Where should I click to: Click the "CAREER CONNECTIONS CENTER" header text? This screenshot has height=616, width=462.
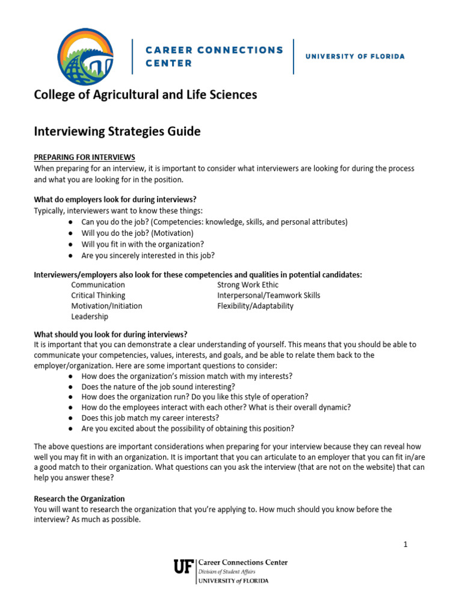click(x=214, y=56)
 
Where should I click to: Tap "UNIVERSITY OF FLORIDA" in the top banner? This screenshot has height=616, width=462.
click(x=355, y=57)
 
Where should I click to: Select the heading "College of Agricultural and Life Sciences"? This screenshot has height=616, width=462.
click(x=145, y=95)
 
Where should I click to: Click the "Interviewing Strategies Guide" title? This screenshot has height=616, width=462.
click(x=117, y=131)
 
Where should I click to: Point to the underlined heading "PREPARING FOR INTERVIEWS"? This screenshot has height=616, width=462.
click(x=84, y=158)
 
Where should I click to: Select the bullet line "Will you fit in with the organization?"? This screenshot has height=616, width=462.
click(x=143, y=244)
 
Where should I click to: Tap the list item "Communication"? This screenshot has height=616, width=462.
click(x=98, y=285)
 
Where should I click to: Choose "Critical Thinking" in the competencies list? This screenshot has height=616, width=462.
click(x=98, y=295)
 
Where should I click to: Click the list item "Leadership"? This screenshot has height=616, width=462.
click(x=90, y=316)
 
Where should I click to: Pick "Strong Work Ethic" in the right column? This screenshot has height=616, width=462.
click(x=248, y=285)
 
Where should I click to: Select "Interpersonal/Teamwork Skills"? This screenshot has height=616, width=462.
click(x=268, y=295)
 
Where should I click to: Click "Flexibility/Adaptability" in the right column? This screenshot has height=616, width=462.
click(x=255, y=306)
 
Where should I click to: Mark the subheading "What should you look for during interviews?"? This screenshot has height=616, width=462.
click(x=111, y=334)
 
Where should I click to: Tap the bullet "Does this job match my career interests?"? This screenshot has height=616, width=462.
click(x=150, y=417)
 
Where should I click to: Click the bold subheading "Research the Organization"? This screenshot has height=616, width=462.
click(x=79, y=499)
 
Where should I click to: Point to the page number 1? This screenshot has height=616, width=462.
click(x=405, y=544)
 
